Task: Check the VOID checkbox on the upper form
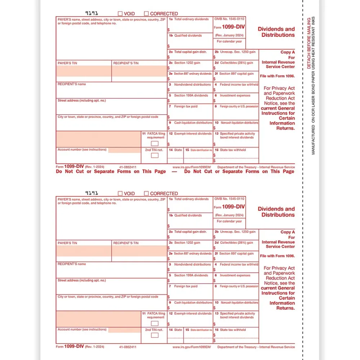click(x=120, y=14)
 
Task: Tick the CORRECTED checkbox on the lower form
click(x=147, y=193)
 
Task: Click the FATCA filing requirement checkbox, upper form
click(x=154, y=143)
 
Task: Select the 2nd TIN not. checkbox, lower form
click(x=154, y=335)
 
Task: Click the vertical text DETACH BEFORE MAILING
click(x=309, y=43)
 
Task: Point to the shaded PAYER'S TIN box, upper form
click(x=84, y=71)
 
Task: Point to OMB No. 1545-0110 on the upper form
click(x=229, y=19)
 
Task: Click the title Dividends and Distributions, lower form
click(x=276, y=212)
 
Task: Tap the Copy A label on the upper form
click(x=288, y=52)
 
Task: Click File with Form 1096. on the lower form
click(x=277, y=256)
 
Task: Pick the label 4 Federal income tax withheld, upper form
click(x=236, y=85)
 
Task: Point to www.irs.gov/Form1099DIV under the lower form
click(x=192, y=347)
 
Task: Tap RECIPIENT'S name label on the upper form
click(x=72, y=84)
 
